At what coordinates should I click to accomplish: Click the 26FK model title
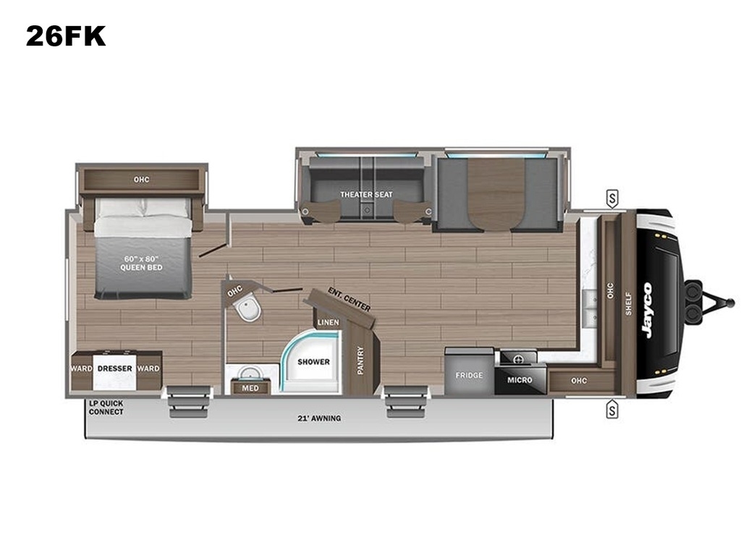(66, 36)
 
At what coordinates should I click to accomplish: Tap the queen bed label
(141, 263)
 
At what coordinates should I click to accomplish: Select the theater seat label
(366, 194)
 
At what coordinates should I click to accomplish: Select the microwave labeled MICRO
(520, 379)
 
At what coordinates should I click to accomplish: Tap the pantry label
(360, 361)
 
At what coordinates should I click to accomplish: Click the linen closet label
(328, 322)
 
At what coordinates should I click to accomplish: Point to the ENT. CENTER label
(350, 299)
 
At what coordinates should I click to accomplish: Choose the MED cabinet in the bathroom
(250, 388)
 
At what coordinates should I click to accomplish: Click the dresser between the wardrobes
(115, 371)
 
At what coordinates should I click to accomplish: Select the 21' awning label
(319, 418)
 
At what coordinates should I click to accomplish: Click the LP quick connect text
(106, 408)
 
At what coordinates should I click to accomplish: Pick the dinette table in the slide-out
(496, 194)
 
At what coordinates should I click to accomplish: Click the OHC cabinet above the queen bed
(141, 180)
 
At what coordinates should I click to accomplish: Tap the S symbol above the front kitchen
(612, 199)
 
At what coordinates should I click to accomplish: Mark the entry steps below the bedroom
(189, 401)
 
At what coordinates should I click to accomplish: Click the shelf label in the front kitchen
(629, 303)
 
